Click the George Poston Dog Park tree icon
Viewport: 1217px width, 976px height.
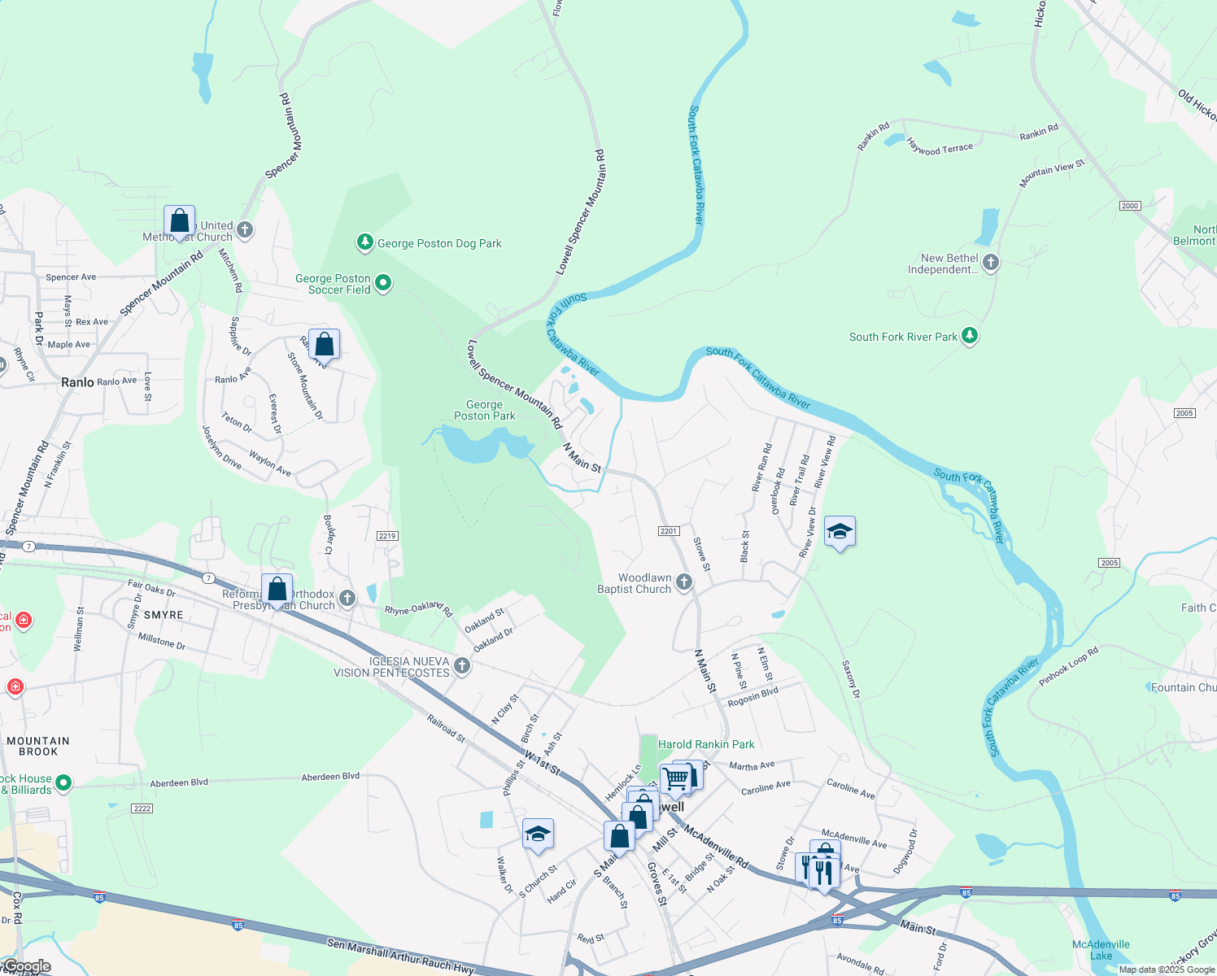(365, 242)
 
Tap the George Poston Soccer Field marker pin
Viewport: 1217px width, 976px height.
(383, 283)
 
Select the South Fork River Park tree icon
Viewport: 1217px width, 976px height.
(969, 336)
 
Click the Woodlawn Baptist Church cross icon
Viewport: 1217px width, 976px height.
(684, 582)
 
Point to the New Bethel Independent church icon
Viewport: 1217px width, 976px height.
(991, 262)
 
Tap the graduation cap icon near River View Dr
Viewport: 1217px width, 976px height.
(840, 532)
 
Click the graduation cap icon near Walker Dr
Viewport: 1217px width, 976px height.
(538, 834)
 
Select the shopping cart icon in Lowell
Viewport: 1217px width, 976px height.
(675, 778)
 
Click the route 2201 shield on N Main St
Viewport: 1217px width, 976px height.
(669, 531)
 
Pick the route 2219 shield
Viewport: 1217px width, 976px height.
(387, 536)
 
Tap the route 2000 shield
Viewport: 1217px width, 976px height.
(1130, 206)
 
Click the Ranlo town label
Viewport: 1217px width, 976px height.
(77, 382)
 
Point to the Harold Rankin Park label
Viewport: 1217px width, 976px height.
(706, 744)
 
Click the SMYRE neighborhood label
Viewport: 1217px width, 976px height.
(163, 615)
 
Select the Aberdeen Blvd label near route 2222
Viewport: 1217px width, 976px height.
(179, 782)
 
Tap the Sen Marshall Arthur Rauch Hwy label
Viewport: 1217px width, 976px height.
(400, 956)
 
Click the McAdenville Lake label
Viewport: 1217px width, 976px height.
(1101, 950)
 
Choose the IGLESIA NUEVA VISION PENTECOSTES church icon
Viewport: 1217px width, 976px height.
(462, 667)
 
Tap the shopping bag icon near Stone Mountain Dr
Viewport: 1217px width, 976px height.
(324, 344)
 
